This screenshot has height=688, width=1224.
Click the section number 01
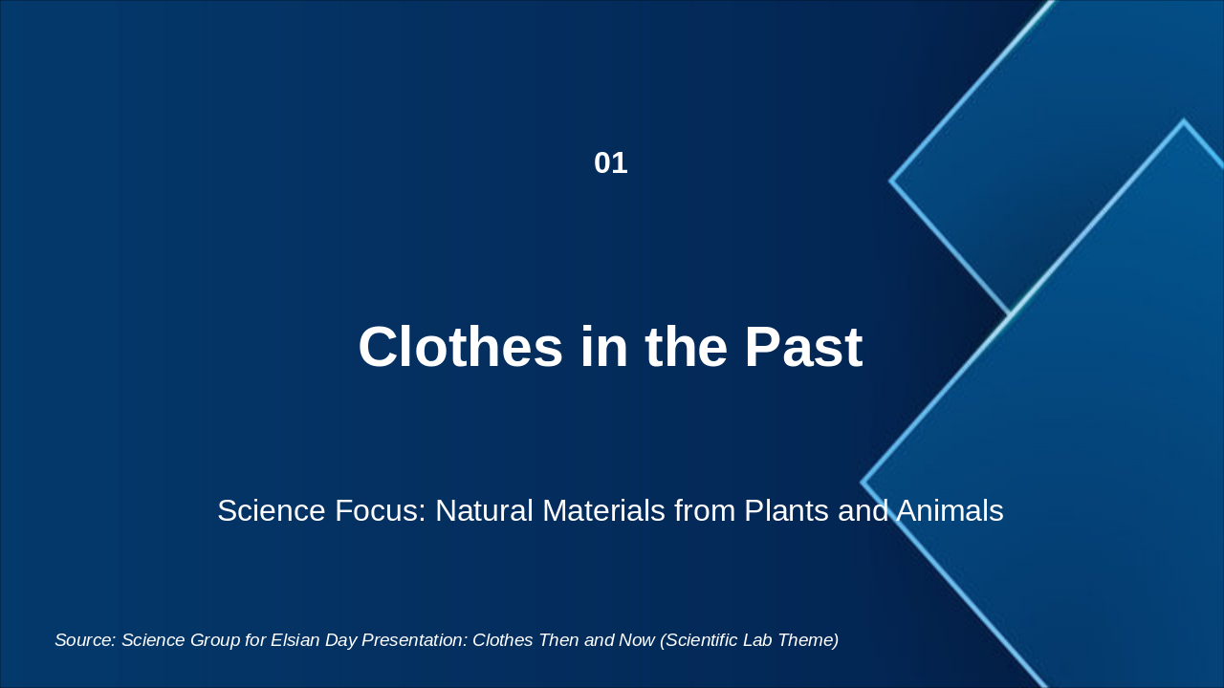[611, 163]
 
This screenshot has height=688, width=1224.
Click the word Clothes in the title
[460, 347]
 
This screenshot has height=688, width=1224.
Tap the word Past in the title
[804, 347]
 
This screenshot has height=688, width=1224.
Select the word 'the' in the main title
[687, 347]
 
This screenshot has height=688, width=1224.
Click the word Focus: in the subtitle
[381, 510]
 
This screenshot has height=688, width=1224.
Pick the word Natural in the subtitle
[484, 510]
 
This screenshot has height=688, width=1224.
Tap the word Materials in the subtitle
[603, 510]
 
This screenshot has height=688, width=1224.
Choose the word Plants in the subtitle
[786, 510]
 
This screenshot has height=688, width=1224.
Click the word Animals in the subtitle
[950, 510]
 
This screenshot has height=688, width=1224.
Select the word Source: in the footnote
[85, 640]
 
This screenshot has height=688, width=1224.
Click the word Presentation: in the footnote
[415, 640]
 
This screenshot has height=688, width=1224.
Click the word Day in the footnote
[341, 640]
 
